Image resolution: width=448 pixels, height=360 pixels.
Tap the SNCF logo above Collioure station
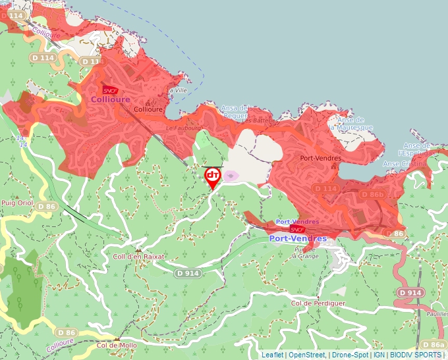coord(110,90)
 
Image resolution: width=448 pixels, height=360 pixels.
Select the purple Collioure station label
coord(110,99)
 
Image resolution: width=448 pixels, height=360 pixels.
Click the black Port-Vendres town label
coord(320,158)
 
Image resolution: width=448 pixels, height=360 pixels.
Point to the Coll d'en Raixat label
coord(139,257)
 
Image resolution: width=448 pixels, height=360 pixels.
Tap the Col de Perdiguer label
coord(318,303)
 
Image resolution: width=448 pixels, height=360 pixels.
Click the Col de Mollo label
coord(117,345)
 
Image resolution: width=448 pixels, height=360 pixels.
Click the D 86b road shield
coord(372,194)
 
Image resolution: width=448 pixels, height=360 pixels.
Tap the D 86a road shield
coord(434,345)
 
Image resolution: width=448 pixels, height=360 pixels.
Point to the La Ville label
coord(178,90)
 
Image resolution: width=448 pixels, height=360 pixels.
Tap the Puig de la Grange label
coord(306,253)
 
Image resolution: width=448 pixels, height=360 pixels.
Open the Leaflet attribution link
coord(273,355)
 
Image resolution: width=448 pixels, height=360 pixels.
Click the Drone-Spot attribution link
coord(350,355)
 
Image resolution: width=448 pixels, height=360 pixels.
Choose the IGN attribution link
coord(379,355)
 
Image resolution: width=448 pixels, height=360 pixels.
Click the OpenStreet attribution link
coord(307,355)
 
